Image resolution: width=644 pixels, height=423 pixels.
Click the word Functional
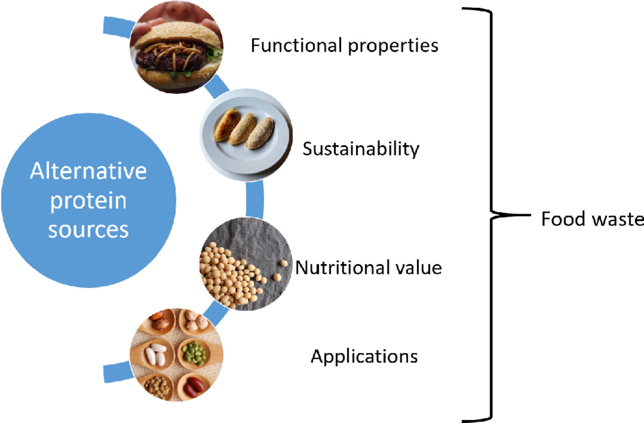297,45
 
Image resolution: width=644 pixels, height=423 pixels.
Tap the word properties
393,46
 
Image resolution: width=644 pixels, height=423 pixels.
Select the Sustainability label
361,149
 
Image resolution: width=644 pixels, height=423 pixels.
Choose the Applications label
364,357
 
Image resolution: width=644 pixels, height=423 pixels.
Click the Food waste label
592,219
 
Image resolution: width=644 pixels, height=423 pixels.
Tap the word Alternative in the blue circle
88,171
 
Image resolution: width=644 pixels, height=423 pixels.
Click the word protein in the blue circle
88,202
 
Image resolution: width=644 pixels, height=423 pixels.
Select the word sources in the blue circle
88,230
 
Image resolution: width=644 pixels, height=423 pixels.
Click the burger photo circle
176,46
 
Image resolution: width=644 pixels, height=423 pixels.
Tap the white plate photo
246,135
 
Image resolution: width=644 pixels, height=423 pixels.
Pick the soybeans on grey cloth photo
246,264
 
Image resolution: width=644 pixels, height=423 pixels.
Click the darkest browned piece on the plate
227,125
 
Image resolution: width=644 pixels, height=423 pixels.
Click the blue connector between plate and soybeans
255,199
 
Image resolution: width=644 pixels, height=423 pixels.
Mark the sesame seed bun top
177,35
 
